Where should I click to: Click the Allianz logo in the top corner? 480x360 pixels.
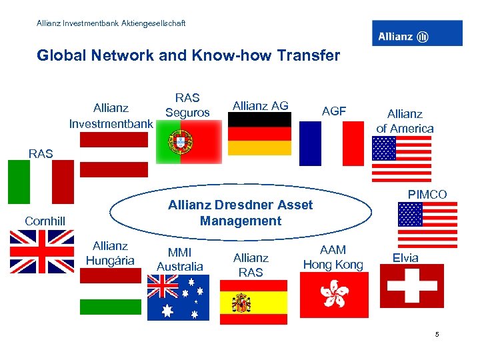coord(417,33)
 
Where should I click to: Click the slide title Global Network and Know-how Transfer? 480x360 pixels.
coord(188,55)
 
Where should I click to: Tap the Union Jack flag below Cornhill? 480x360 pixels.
coord(42,251)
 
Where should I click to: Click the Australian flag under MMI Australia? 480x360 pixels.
coord(178,297)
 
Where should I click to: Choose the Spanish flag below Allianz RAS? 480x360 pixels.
coord(253,302)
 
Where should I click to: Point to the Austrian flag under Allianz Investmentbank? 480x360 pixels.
coord(113,155)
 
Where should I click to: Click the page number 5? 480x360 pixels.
coord(437,334)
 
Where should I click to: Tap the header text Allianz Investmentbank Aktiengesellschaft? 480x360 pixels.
coord(111,23)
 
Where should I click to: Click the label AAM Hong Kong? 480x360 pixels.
coord(333,257)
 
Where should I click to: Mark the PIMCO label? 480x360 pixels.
coord(427,195)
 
